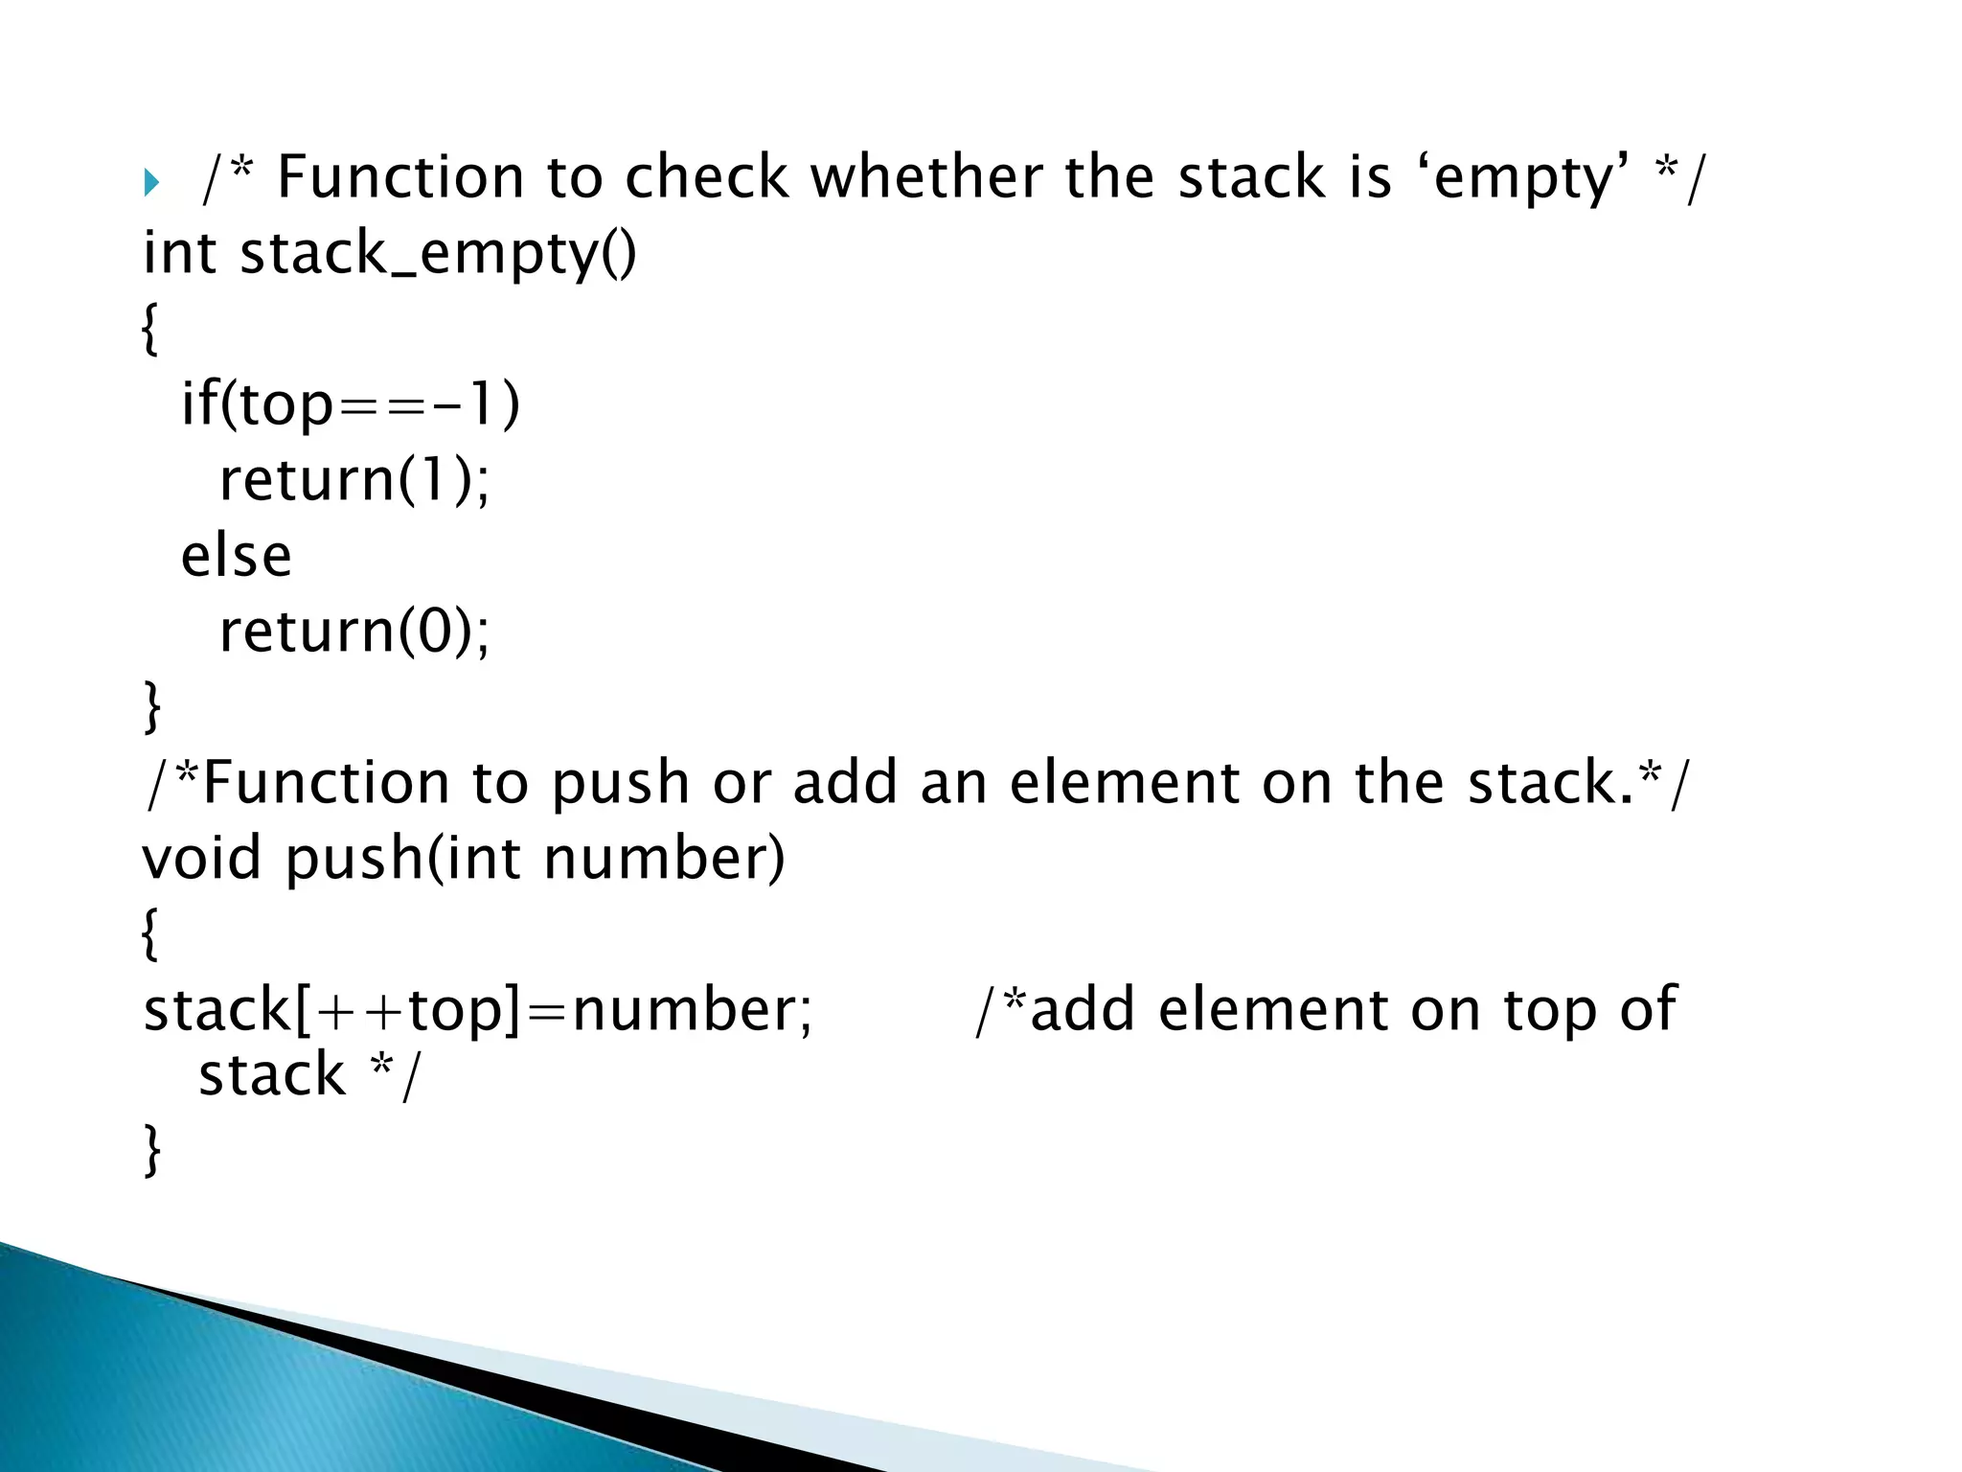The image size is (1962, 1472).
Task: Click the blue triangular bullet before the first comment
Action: click(x=150, y=182)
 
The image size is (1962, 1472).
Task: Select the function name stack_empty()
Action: click(x=437, y=254)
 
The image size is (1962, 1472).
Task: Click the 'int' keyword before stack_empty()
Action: click(x=179, y=254)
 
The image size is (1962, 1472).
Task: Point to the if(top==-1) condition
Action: click(x=351, y=403)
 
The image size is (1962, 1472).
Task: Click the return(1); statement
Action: click(x=354, y=479)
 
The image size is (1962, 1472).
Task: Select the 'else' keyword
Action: click(x=236, y=556)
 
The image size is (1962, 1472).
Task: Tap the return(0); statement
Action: click(x=354, y=632)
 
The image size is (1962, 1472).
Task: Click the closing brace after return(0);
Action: click(x=151, y=706)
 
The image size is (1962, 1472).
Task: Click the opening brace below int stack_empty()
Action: click(x=149, y=329)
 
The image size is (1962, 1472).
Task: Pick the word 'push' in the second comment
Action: click(x=620, y=783)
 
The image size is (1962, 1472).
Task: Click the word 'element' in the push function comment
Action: click(x=1125, y=783)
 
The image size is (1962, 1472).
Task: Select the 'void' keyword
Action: click(x=201, y=857)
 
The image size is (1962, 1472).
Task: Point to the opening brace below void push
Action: click(x=149, y=933)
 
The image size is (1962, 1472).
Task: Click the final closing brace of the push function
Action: click(x=151, y=1150)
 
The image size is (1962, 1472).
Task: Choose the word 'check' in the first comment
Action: click(x=707, y=178)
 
